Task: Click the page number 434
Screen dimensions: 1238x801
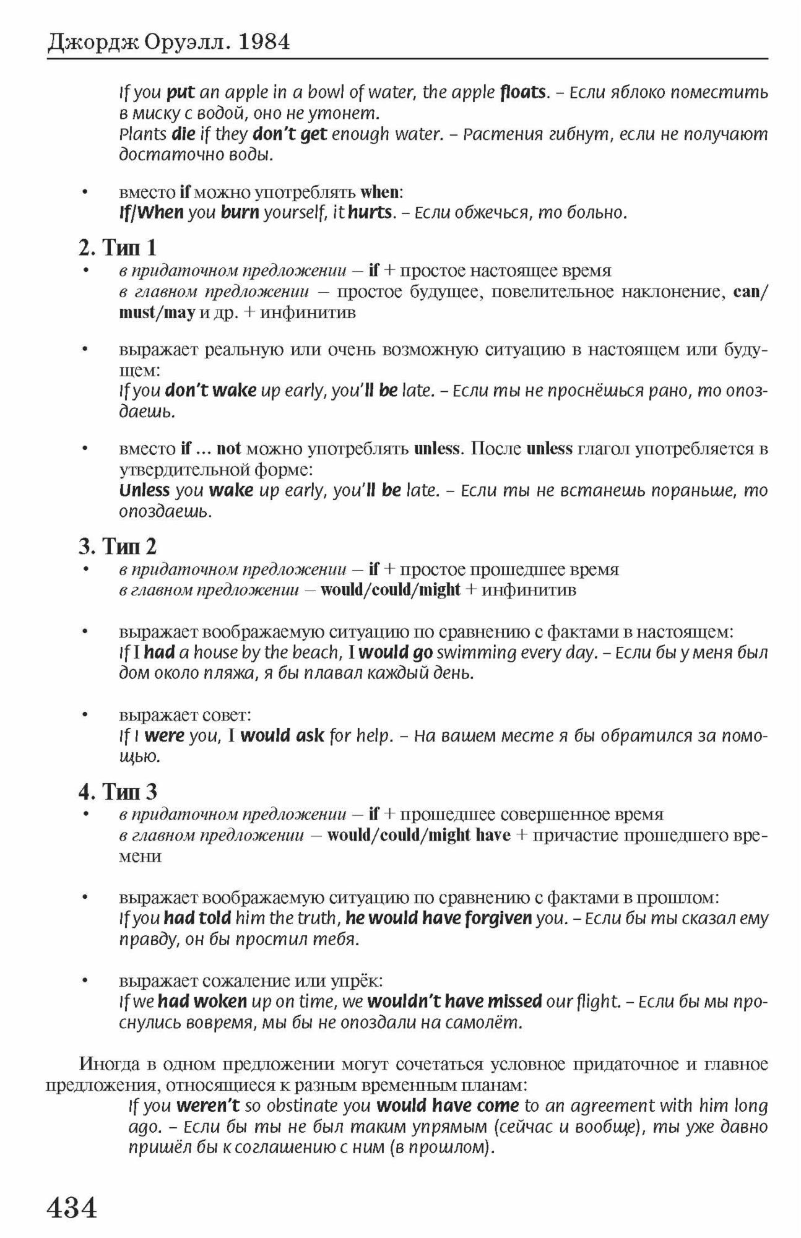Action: [72, 1206]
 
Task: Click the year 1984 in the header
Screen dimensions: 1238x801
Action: [264, 42]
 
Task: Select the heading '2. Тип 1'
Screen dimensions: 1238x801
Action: [118, 248]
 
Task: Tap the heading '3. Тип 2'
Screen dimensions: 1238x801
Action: [118, 546]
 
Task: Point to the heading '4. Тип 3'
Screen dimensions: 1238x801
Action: [118, 791]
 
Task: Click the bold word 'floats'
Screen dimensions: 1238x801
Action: [523, 92]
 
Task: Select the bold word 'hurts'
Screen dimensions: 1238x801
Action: [370, 212]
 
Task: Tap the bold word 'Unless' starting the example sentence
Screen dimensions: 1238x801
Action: [144, 490]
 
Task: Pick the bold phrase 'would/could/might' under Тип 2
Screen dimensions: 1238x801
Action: [391, 589]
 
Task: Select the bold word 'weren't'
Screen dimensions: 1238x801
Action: [208, 1105]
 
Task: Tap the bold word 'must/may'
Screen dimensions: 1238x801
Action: [157, 312]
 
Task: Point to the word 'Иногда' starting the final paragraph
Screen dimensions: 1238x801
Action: [109, 1064]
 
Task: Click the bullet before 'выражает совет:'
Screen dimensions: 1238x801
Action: [86, 715]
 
